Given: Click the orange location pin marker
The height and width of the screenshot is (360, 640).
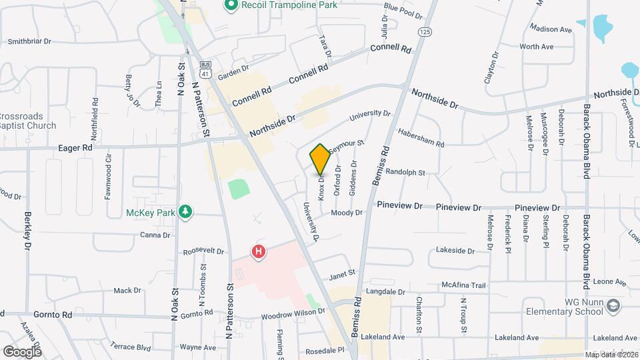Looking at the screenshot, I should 320,159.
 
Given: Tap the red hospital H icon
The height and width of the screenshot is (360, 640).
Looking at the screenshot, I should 258,252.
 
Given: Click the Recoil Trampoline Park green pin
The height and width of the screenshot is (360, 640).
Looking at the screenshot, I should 231,5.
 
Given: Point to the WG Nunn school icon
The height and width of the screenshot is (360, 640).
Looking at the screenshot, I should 614,306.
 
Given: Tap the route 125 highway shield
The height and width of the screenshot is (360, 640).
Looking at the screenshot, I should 425,31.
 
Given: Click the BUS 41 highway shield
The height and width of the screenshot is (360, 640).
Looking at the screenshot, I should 206,69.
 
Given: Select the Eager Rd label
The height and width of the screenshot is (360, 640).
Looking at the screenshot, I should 74,147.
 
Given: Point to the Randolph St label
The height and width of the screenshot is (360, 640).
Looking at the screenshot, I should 405,172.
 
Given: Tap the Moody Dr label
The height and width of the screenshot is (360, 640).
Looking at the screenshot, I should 347,213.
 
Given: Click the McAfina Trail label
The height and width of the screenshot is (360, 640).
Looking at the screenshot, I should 464,285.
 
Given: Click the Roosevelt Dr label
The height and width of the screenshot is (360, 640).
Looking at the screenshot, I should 203,251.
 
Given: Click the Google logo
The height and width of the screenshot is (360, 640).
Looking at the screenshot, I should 22,351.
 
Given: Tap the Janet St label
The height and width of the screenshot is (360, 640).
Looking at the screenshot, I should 342,273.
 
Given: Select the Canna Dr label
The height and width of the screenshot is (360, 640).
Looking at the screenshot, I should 155,235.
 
